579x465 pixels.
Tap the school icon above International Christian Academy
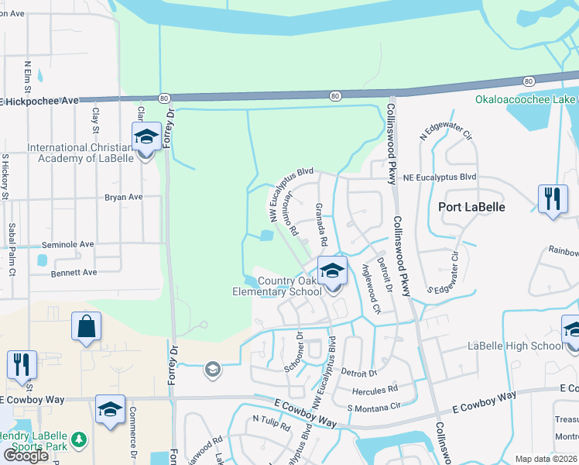click(146, 137)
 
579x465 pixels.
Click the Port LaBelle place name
click(471, 207)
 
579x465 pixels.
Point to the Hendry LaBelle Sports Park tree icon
click(78, 440)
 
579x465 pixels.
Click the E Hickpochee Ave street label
click(40, 101)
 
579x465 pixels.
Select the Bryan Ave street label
click(124, 198)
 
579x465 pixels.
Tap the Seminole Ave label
click(67, 244)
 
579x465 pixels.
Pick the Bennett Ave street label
click(74, 273)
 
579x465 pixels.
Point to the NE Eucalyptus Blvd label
click(440, 177)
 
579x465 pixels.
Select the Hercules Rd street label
click(375, 389)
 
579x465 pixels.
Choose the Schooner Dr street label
click(292, 352)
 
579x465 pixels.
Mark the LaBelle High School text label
click(515, 346)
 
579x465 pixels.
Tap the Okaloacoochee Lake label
click(526, 100)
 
